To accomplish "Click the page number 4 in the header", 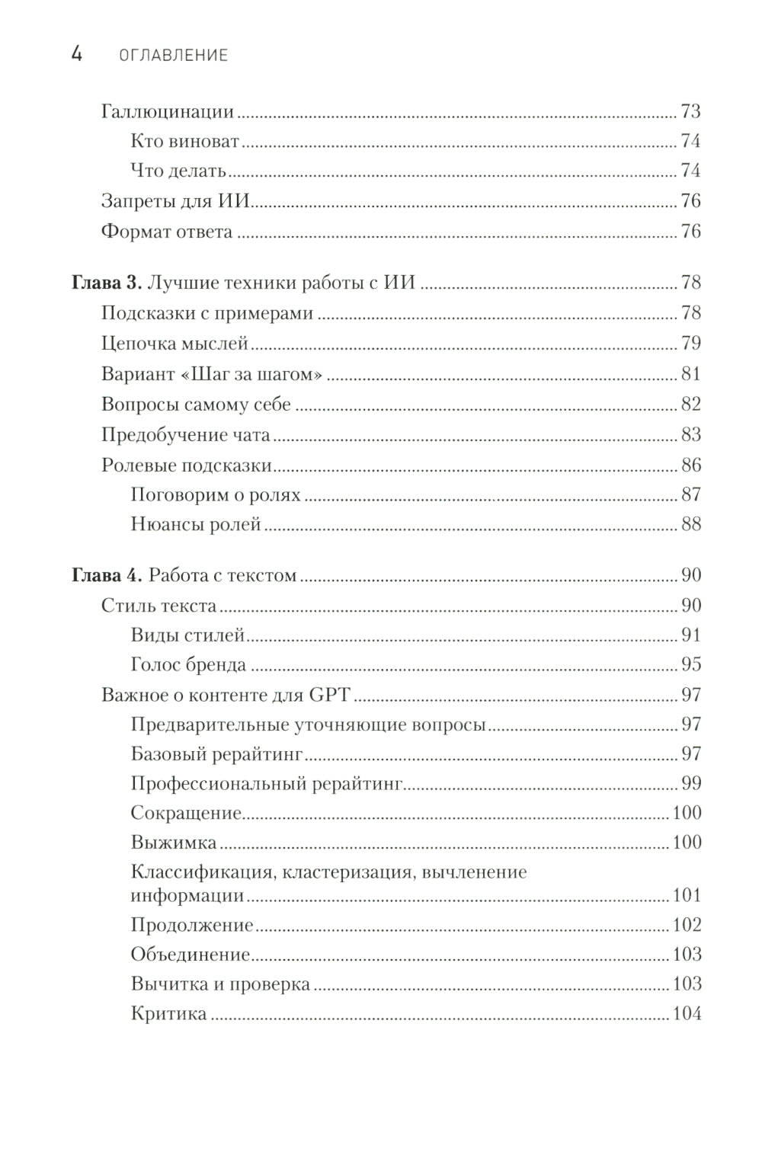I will coord(77,54).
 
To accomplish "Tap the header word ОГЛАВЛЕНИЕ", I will coord(174,56).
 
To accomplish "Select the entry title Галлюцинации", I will coord(167,112).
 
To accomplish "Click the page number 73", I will coord(690,112).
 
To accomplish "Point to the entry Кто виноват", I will coord(184,142).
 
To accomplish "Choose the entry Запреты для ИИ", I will coord(176,201).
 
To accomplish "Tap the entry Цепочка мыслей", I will coord(174,344).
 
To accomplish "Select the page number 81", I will coord(690,374).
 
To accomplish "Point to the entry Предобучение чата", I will coord(185,435).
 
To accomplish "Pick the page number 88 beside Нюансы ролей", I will coord(690,525).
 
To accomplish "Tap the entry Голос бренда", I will coord(188,665).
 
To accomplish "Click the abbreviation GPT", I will coord(329,695).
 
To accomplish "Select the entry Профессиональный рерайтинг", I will coord(266,784).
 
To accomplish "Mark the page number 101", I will coord(686,895).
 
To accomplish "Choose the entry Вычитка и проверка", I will coord(220,984).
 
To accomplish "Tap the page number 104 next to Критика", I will coord(686,1014).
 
